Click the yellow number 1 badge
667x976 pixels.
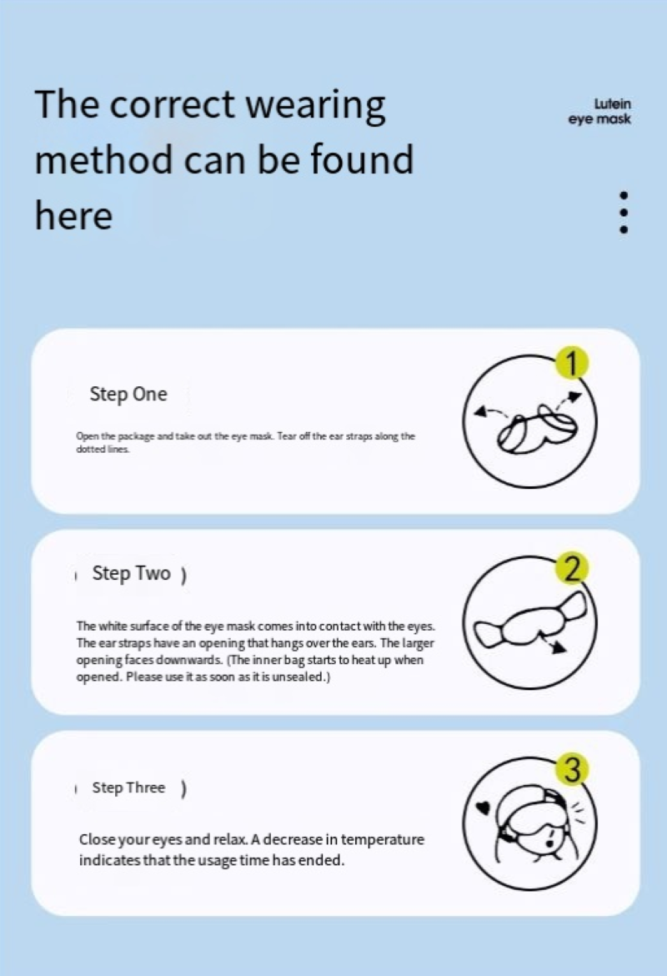tap(572, 363)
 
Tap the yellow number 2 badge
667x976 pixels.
tap(572, 569)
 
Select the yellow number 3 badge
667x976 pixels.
tap(573, 769)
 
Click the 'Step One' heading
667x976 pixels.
tap(128, 395)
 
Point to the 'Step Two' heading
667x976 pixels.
tap(131, 573)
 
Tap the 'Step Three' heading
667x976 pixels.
tap(128, 787)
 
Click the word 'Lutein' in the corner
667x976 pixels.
tap(612, 104)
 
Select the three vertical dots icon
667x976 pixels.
tap(624, 213)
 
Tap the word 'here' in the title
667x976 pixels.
tap(73, 215)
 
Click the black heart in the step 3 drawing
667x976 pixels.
tap(483, 807)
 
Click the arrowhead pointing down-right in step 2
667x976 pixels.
tap(560, 647)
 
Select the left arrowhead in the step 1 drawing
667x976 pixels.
tap(479, 410)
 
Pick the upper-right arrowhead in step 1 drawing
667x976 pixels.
tap(575, 396)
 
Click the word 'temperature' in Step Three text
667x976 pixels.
tap(382, 840)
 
